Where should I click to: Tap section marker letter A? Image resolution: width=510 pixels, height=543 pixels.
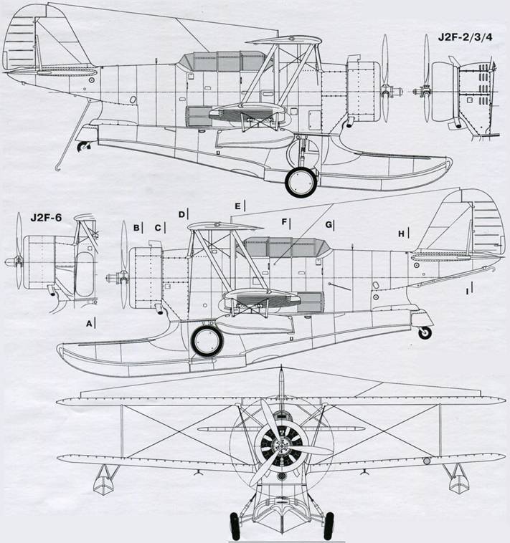pos(88,324)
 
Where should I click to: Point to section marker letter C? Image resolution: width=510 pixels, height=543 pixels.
pos(157,228)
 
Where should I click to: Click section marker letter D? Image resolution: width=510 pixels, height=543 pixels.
pos(181,213)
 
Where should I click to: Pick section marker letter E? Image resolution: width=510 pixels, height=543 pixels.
pos(236,206)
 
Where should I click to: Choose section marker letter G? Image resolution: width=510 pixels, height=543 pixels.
pos(329,225)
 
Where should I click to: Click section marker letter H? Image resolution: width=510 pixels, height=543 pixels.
pos(401,234)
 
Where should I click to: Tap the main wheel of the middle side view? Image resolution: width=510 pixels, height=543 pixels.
pos(208,340)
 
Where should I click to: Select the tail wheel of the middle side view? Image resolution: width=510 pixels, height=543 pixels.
pos(427,332)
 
